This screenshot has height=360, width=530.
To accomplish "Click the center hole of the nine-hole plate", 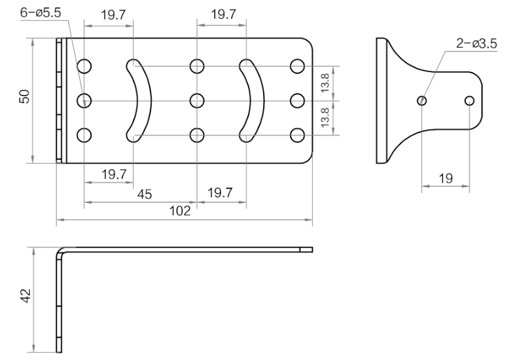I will pos(197,100).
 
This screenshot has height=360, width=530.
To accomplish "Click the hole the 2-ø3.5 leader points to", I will pos(422,100).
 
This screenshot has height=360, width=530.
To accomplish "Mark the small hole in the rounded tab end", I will pos(469,100).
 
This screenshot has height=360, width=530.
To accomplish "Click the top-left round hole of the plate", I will pos(84,65).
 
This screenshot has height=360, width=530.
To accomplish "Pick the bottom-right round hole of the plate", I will pos(298,135).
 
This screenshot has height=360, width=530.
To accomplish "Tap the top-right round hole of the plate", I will pos(298,65).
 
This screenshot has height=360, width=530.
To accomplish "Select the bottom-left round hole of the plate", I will pos(84,135).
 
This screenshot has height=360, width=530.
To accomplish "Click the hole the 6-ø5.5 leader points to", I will pos(84,100).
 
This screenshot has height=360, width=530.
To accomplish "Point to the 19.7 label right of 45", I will pos(221,192).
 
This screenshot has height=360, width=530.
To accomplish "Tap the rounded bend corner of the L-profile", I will pos(61,252).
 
